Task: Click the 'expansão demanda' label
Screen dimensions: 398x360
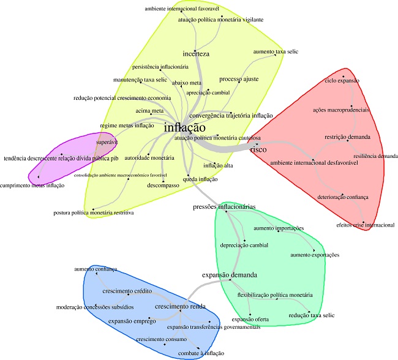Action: [x=230, y=275]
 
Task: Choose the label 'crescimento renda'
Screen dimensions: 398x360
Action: [x=180, y=306]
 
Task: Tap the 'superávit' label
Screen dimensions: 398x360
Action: [x=107, y=142]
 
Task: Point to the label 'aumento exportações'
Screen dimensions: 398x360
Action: [x=314, y=255]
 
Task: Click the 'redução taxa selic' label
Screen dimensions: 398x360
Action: [x=311, y=315]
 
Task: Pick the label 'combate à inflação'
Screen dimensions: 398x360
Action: [x=202, y=353]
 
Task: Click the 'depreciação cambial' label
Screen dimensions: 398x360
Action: [x=244, y=245]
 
